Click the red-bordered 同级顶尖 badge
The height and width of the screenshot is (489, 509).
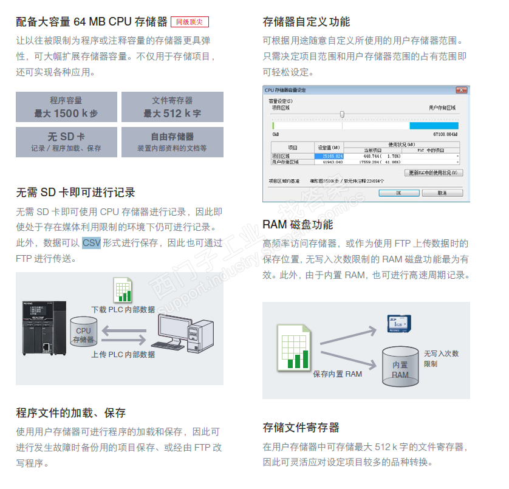(190, 22)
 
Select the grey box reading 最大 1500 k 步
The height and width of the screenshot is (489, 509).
(66, 107)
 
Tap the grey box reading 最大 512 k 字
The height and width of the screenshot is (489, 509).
(172, 107)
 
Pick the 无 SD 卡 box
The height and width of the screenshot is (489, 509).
(66, 142)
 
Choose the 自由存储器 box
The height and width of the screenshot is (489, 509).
(172, 142)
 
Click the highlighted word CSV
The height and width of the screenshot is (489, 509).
(91, 243)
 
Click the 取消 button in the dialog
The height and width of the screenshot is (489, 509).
(442, 193)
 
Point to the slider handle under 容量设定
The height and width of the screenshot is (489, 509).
(342, 114)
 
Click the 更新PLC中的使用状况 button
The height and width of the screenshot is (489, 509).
(434, 173)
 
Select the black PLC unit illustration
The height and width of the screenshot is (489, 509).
(40, 328)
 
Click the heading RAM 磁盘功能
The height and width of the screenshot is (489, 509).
(298, 225)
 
